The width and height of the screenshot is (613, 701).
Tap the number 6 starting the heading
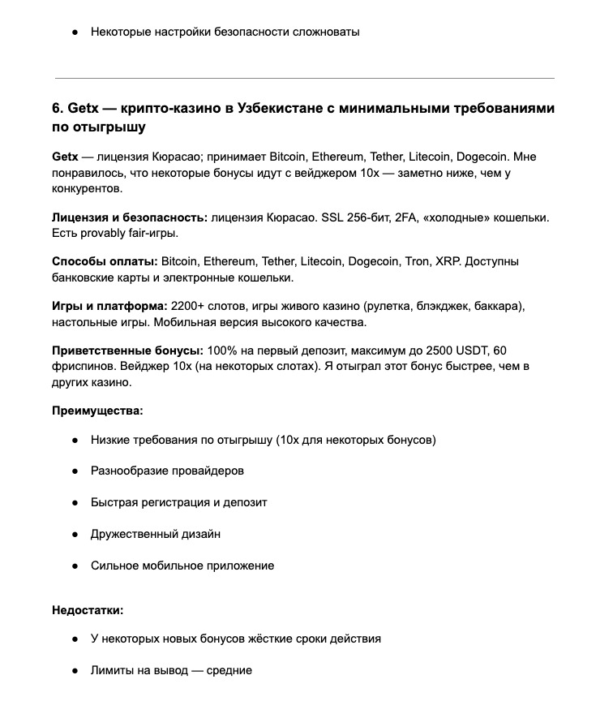[x=57, y=108]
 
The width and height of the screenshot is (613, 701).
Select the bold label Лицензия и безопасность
[x=130, y=217]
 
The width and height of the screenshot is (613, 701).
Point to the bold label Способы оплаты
[x=105, y=261]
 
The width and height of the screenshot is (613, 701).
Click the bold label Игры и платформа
[x=109, y=306]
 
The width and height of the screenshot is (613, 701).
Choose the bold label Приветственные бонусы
[x=127, y=350]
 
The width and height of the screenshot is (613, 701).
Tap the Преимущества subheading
[x=97, y=411]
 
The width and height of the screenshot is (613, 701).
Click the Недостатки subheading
[x=88, y=609]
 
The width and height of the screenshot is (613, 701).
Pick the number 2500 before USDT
[x=422, y=350]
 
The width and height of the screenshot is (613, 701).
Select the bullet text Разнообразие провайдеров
[x=167, y=471]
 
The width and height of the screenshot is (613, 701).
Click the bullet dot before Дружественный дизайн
[x=75, y=534]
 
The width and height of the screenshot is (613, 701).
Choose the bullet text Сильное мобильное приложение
[x=182, y=566]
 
